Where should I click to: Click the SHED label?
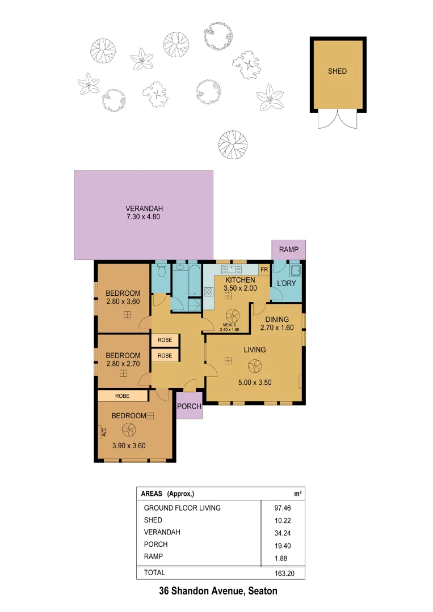pos(337,71)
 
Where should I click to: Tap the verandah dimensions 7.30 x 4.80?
pos(143,216)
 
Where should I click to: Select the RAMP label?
pos(289,250)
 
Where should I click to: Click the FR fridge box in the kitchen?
pos(264,270)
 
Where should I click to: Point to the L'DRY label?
pos(286,283)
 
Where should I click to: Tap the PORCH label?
pos(189,406)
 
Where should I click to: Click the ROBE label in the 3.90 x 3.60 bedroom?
pos(122,396)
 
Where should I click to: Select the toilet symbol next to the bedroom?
pos(161,270)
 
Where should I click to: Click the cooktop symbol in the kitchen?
pos(208,292)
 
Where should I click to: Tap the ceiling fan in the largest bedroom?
pos(128,431)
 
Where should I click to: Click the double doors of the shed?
pos(338,120)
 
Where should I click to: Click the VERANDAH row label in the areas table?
pos(162,532)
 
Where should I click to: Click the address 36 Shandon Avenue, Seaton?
pos(218,591)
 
